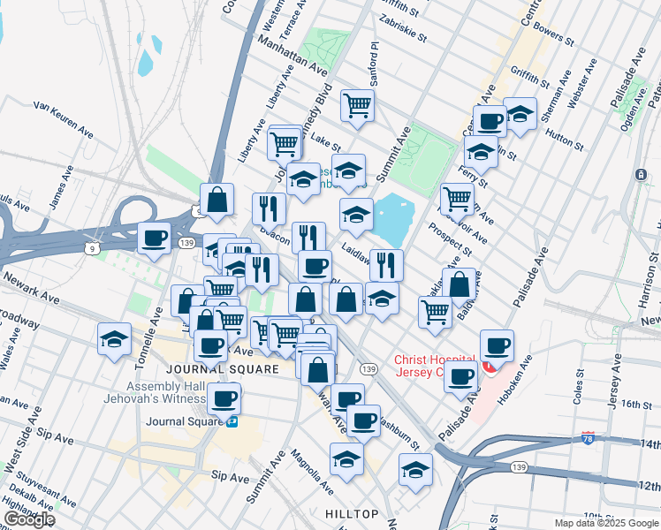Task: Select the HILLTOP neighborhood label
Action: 351,513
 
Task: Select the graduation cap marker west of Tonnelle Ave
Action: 115,339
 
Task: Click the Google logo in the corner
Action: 29,519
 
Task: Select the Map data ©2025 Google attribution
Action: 605,523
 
